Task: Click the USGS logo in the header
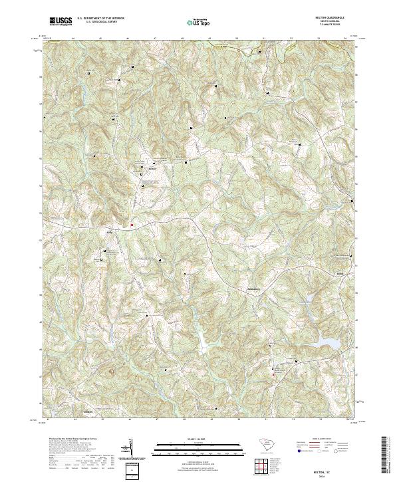point(61,22)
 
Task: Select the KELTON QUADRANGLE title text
point(331,18)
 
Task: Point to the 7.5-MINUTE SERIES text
point(331,25)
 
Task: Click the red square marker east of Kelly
point(132,225)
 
